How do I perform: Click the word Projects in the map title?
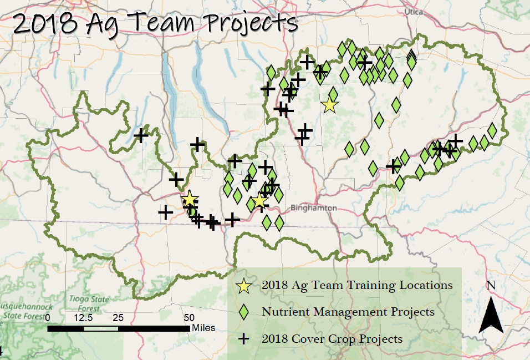pyautogui.click(x=251, y=23)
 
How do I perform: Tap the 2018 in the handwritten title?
pyautogui.click(x=44, y=24)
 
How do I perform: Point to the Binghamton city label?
pyautogui.click(x=313, y=207)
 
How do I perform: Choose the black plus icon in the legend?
pyautogui.click(x=244, y=338)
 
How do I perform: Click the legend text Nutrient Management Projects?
pyautogui.click(x=348, y=312)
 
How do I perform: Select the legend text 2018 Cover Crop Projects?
pyautogui.click(x=332, y=338)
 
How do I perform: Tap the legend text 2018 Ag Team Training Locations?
pyautogui.click(x=358, y=286)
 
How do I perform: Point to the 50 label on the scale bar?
pyautogui.click(x=189, y=318)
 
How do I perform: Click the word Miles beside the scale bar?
pyautogui.click(x=203, y=328)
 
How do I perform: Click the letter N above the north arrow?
pyautogui.click(x=491, y=286)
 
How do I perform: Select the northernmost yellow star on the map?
pyautogui.click(x=330, y=104)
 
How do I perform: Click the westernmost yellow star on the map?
pyautogui.click(x=190, y=199)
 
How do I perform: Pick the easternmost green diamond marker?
pyautogui.click(x=492, y=130)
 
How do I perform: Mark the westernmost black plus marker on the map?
pyautogui.click(x=141, y=135)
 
